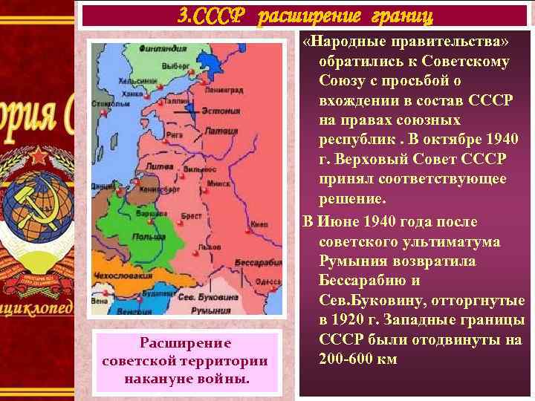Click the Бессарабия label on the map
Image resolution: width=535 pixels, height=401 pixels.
255,264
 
